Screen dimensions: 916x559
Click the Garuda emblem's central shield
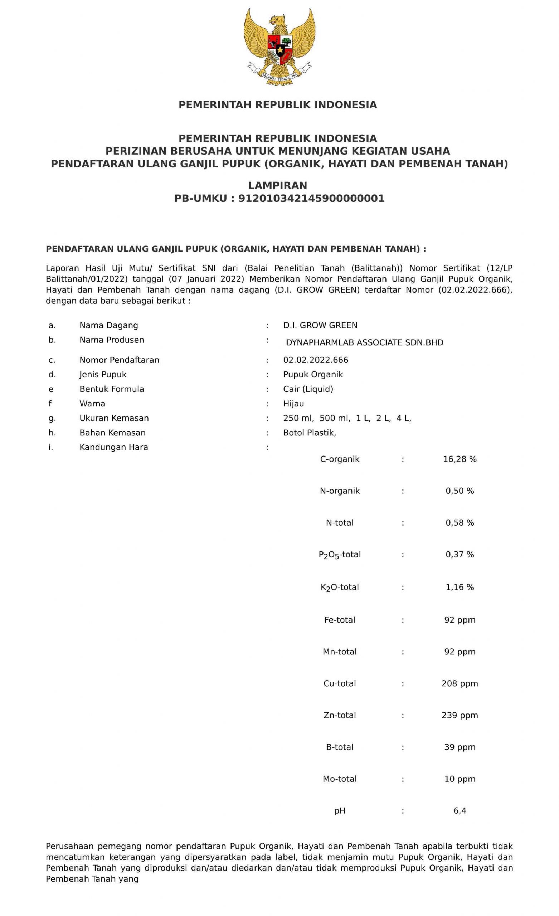279,49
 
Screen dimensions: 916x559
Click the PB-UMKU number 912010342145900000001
311,198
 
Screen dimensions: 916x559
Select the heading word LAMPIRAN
277,185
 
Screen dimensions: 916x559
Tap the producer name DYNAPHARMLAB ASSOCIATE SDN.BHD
364,342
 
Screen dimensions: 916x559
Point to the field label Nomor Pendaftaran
119,360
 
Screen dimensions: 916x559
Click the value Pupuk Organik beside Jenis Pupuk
313,374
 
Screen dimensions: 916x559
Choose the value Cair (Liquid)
308,389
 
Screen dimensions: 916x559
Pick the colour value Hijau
293,403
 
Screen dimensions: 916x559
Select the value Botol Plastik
310,432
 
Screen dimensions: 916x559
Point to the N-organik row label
340,491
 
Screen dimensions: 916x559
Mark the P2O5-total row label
340,555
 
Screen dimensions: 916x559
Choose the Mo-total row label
340,779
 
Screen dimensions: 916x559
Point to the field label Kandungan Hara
113,447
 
